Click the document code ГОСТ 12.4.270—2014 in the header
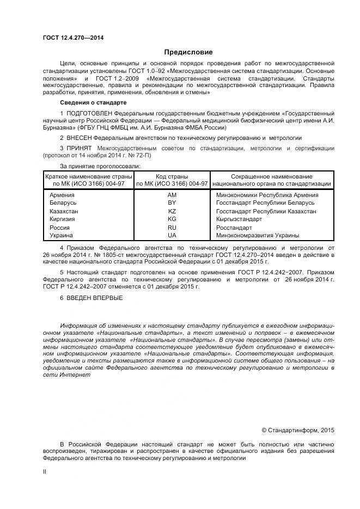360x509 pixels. pos(73,38)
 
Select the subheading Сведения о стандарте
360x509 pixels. pos(93,102)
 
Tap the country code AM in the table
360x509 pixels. pos(172,195)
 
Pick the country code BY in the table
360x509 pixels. pos(172,203)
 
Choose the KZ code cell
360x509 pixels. pos(172,211)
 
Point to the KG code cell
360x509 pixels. pos(172,219)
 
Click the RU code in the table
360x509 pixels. pos(172,228)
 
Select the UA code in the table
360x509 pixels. pos(172,235)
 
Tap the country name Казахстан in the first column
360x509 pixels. pos(64,211)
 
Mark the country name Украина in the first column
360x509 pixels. pos(62,235)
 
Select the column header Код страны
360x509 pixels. pos(172,176)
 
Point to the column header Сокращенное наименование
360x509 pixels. pos(272,176)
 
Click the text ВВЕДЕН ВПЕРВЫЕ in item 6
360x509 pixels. pos(95,298)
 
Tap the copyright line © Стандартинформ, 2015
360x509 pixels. pos(298,430)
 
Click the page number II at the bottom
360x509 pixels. pos(45,472)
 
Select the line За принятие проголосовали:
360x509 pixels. pos(100,165)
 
